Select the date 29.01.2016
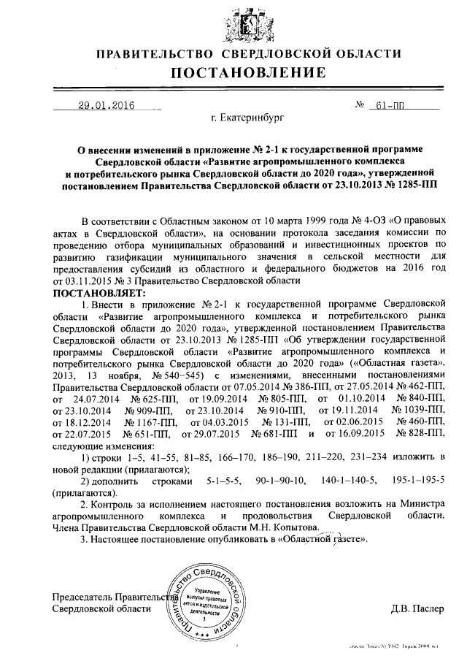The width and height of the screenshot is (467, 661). (107, 105)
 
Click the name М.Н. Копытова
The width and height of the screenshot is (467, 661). (281, 527)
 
